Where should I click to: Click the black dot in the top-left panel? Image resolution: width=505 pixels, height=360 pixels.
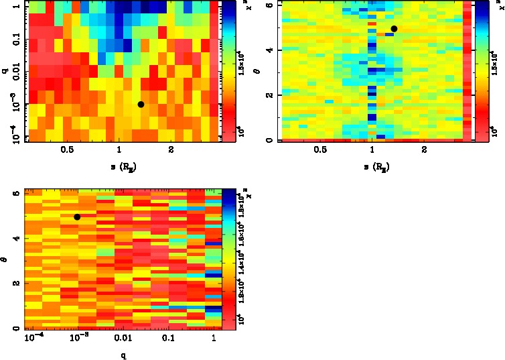[141, 104]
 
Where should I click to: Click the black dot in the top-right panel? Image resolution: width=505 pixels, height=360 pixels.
[394, 29]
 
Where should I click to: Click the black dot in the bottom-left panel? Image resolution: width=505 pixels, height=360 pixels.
[78, 217]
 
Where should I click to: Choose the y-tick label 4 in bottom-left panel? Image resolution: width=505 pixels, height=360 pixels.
[15, 238]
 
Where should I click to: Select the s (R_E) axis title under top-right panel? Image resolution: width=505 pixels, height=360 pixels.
[374, 165]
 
